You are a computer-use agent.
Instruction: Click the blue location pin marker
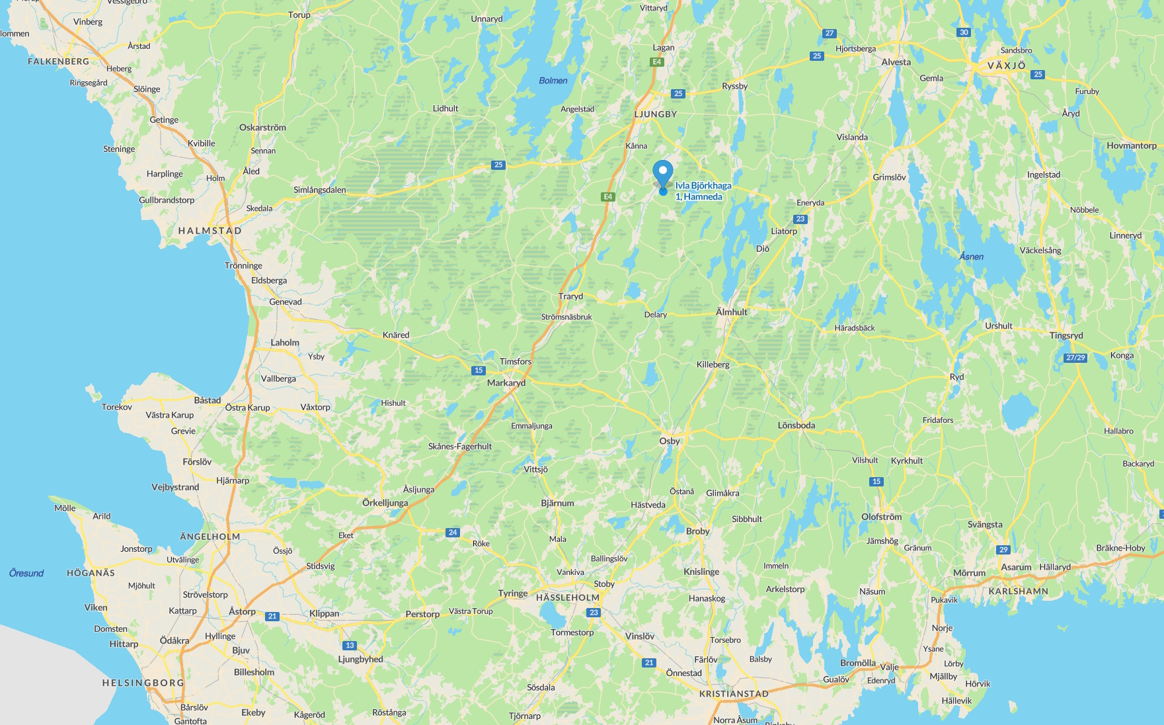(662, 173)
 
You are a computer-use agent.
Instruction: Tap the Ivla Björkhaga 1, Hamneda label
(703, 191)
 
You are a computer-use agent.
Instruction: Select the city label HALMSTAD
(210, 231)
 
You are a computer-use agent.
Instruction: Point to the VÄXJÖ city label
(1006, 65)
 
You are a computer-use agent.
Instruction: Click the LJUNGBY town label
(655, 114)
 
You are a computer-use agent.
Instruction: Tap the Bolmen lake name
(553, 81)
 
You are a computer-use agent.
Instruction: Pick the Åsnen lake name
(971, 256)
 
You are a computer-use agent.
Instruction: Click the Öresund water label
(26, 573)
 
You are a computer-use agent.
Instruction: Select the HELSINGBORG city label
(143, 683)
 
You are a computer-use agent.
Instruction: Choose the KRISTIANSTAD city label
(734, 694)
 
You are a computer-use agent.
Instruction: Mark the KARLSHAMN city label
(1018, 591)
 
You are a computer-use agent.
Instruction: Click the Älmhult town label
(731, 312)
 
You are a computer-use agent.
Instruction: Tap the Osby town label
(669, 441)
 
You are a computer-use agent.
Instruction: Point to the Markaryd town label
(506, 383)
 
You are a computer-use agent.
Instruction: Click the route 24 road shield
(452, 532)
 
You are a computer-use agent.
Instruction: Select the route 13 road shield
(350, 645)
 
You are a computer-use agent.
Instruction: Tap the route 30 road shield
(964, 32)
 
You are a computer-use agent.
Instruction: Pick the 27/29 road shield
(1075, 358)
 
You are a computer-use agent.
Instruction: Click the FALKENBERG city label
(58, 61)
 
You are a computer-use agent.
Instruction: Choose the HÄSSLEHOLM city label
(568, 597)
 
